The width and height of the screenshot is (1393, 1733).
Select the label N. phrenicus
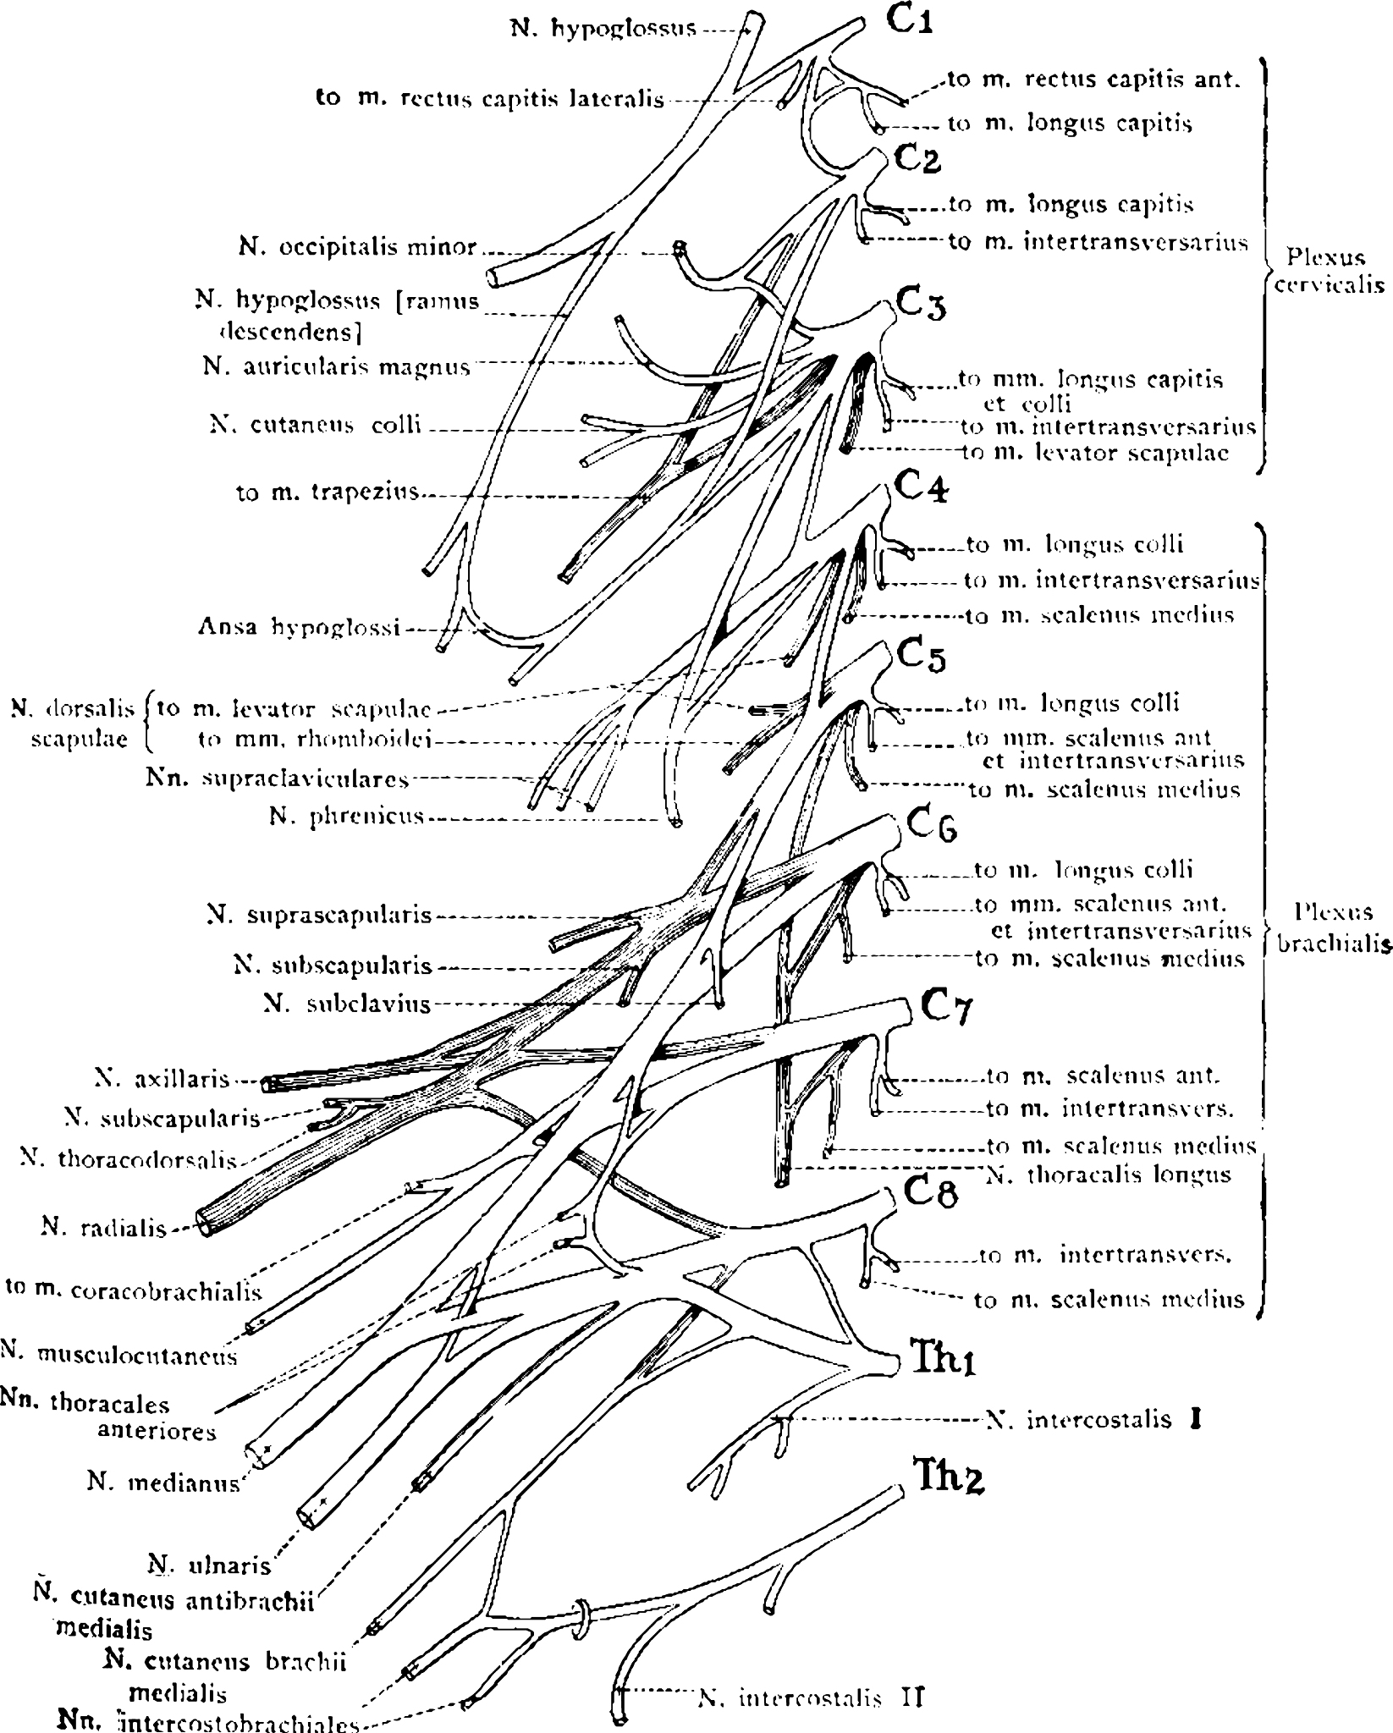345,818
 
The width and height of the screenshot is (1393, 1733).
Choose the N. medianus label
164,1482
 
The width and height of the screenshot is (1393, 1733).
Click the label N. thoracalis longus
1109,1175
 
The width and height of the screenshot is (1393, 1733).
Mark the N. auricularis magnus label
336,367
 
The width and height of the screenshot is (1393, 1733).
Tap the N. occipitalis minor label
358,247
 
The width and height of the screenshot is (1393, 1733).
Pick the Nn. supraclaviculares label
277,778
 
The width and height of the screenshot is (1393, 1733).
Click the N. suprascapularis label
319,915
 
